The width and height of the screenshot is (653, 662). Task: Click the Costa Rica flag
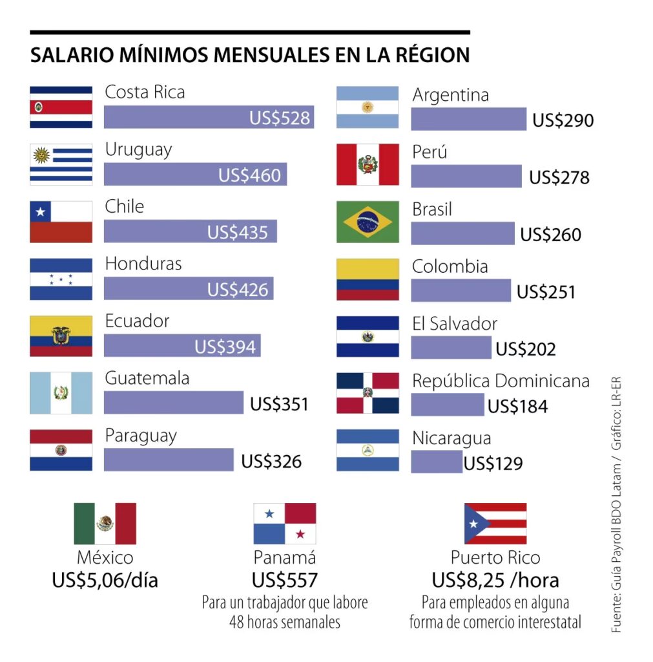coord(61,107)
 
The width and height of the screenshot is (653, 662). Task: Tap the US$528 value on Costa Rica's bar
coord(280,118)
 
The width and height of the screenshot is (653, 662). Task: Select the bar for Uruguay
coord(195,175)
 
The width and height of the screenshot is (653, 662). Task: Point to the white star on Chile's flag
coord(41,211)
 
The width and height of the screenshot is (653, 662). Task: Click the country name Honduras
coord(143,264)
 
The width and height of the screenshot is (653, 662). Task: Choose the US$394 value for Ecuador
coord(225,347)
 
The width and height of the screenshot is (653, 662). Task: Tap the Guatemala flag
coord(61,392)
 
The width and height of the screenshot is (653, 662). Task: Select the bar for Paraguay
coord(169,460)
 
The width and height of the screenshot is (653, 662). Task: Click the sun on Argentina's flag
coord(368,107)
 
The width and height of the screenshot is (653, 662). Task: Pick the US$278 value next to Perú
coord(559,177)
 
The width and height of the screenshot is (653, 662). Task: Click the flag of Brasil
coord(368,222)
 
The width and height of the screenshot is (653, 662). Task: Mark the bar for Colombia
coord(461,290)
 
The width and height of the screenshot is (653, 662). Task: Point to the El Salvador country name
coord(455,323)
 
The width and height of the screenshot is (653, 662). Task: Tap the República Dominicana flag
coord(368,392)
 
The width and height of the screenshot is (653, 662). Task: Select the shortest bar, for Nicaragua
coord(436,462)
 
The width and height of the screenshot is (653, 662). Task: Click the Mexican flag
coord(105,524)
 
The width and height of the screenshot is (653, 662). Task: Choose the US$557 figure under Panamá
coord(285,580)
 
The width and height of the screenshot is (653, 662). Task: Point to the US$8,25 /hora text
coord(495,580)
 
